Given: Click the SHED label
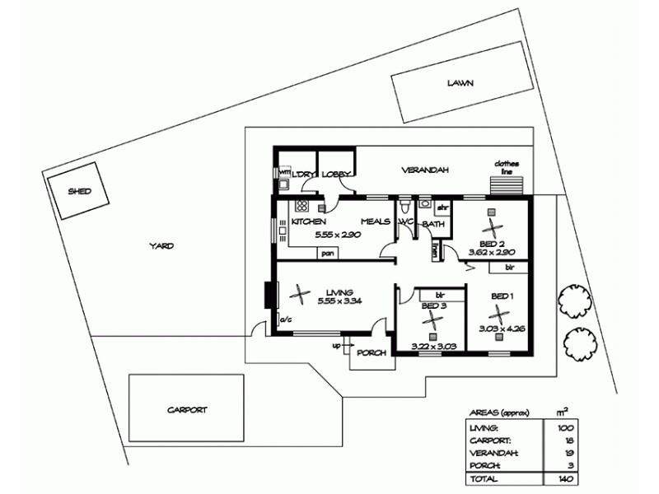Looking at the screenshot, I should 79,191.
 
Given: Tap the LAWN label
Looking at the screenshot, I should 460,83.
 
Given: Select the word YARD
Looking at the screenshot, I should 161,245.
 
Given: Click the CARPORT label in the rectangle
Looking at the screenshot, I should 187,409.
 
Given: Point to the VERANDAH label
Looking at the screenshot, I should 424,170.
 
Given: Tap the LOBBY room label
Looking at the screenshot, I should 337,174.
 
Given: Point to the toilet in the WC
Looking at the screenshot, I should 404,206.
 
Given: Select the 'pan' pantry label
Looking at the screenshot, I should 327,254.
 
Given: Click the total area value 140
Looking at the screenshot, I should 565,478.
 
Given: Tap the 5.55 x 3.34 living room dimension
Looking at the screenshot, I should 339,302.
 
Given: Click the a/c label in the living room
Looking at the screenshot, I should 287,319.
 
